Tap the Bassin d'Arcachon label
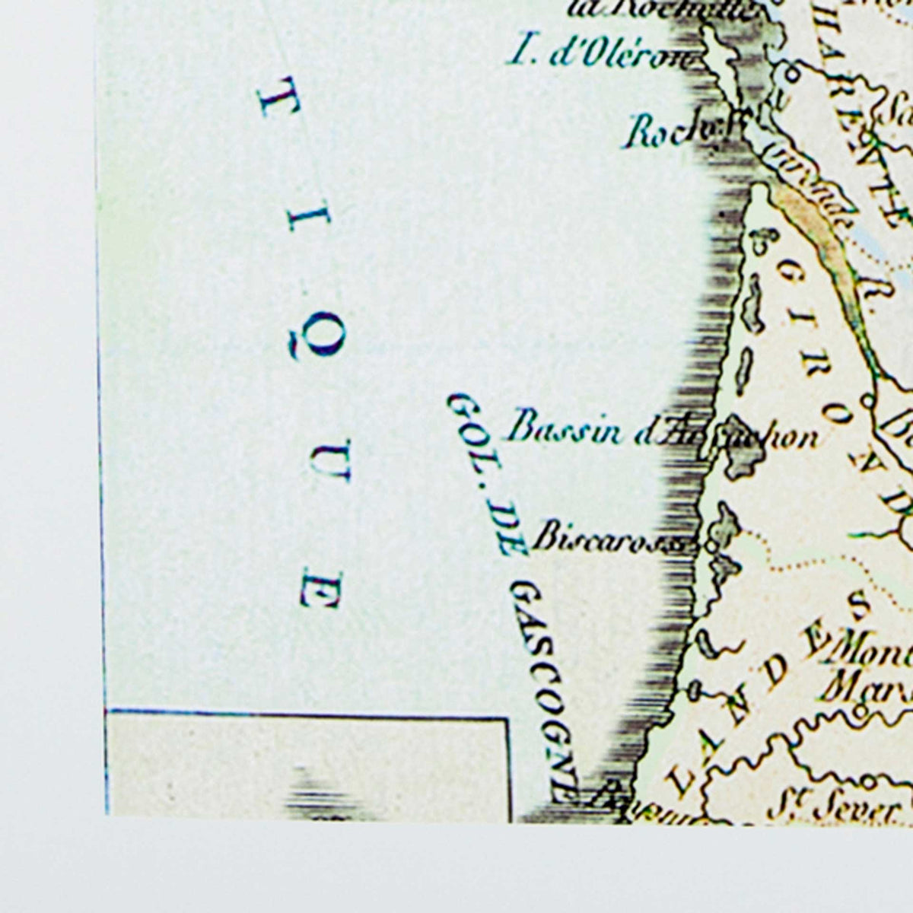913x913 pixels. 662,432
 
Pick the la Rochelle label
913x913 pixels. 662,9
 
